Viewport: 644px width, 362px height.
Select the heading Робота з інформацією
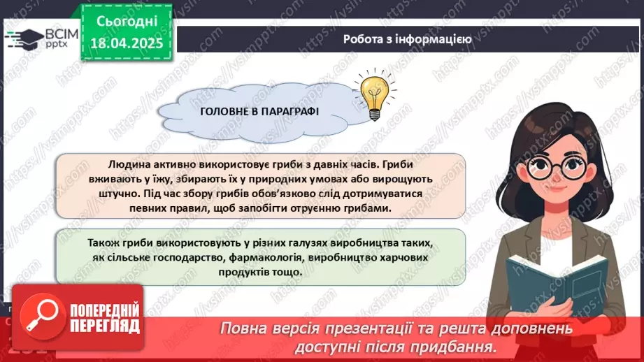tap(407, 39)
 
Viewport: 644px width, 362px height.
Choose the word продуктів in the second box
tap(215, 271)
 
